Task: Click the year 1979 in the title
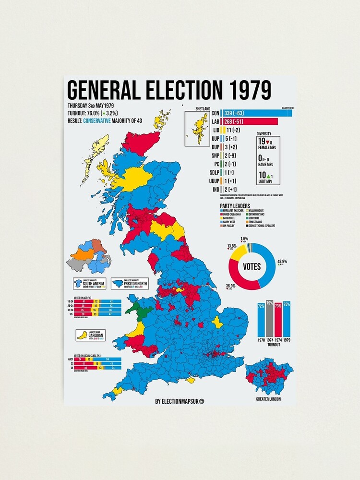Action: click(247, 90)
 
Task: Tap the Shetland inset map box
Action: click(197, 128)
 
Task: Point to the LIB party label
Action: click(215, 130)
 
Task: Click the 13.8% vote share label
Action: click(232, 246)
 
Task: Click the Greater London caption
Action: click(268, 399)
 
